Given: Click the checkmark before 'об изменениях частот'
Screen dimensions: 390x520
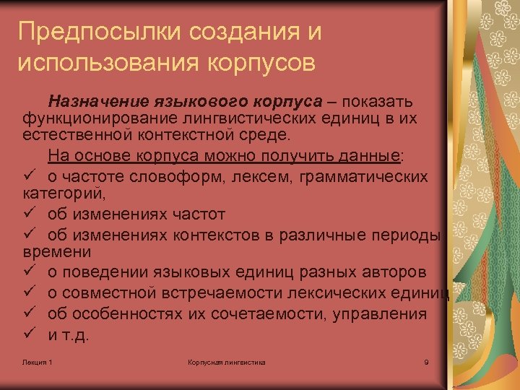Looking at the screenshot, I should tap(29, 214).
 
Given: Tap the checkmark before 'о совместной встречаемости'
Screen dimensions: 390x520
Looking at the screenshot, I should tap(29, 292).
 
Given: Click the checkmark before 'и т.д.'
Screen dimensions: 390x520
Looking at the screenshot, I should tap(29, 334).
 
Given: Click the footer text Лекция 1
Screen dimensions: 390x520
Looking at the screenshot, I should tap(37, 361).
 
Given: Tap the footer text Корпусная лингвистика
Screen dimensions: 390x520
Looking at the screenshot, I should tap(226, 361).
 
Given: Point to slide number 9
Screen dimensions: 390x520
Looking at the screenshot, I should tap(426, 361).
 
